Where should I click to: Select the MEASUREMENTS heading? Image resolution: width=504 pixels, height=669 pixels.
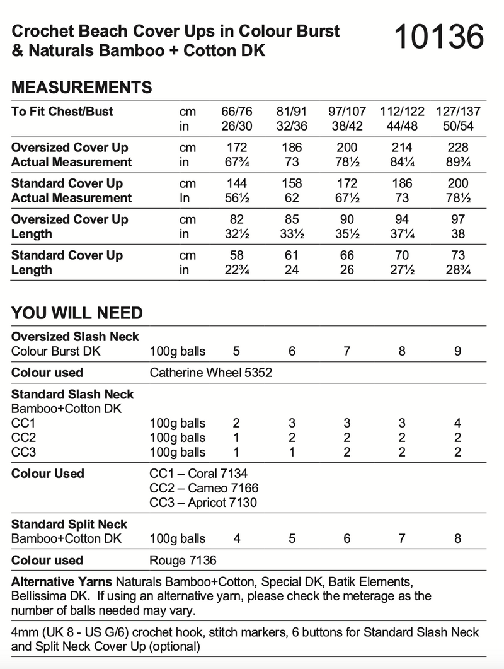82,87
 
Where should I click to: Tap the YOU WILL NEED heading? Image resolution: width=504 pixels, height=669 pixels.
77,313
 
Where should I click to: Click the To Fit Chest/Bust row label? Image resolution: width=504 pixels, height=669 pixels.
62,112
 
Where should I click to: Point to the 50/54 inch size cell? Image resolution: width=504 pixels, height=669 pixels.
458,126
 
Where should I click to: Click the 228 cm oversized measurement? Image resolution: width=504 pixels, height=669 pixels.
458,148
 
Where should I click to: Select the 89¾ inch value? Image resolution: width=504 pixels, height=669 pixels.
458,162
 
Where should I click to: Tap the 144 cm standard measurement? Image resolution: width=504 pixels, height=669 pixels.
237,183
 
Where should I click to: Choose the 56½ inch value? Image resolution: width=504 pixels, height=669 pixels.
237,198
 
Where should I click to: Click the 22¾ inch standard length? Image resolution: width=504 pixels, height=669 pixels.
237,270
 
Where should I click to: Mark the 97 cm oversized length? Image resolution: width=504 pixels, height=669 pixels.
458,219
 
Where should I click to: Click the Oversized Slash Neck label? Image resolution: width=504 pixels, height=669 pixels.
75,337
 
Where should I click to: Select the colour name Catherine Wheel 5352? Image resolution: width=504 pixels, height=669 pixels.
211,373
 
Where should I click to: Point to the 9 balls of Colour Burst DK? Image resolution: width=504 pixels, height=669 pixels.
458,351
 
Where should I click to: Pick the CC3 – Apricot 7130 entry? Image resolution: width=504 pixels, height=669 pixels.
203,503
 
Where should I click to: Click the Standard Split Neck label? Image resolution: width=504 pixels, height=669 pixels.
69,524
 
